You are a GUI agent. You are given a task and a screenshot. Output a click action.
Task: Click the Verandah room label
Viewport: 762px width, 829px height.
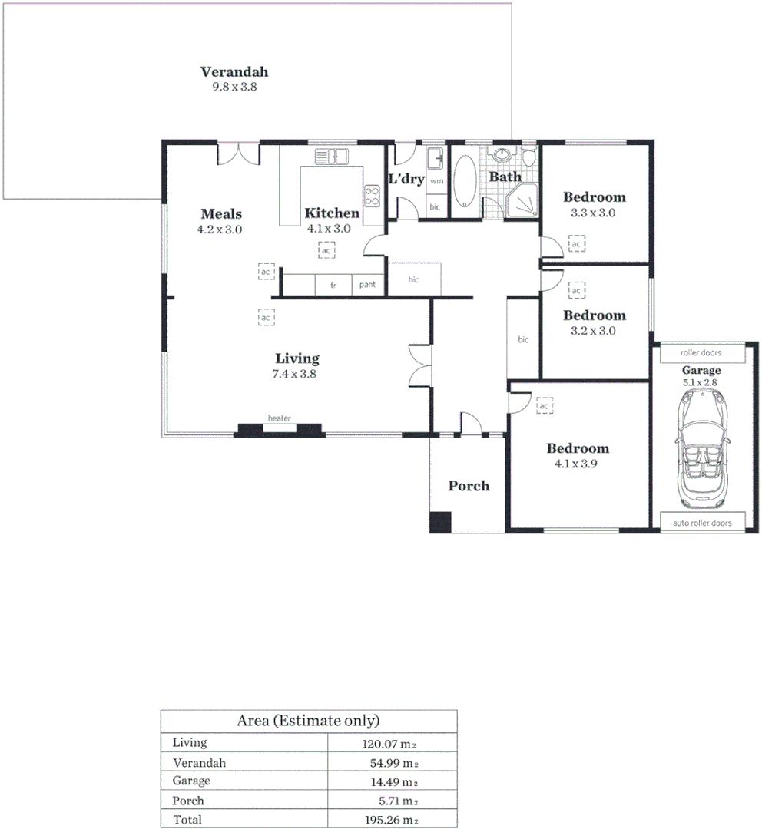tap(234, 72)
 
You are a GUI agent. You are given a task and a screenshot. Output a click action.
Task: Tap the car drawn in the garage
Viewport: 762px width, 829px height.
tap(702, 447)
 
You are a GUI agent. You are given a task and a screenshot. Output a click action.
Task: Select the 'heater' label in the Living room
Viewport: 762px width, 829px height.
tap(279, 418)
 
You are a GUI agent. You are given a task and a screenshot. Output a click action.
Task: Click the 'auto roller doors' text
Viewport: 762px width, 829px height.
tap(702, 523)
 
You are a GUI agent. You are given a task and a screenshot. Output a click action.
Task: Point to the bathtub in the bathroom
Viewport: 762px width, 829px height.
tap(465, 182)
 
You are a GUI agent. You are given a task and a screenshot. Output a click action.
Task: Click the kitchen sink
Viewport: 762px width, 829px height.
tap(332, 157)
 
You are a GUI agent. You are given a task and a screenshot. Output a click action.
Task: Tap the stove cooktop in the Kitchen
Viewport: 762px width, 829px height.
tap(373, 195)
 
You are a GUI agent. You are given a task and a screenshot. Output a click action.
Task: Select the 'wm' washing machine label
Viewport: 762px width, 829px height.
tap(436, 181)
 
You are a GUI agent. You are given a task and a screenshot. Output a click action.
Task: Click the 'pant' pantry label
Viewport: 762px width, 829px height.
tap(368, 285)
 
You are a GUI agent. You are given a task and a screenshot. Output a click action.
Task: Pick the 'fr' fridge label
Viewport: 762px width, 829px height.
tap(333, 285)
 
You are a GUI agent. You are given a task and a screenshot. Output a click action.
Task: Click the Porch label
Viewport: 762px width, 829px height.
tap(469, 486)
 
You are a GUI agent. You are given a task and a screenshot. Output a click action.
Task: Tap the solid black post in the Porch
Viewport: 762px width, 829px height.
tap(440, 522)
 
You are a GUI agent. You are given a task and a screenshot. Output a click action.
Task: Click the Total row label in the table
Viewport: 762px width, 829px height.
tap(187, 820)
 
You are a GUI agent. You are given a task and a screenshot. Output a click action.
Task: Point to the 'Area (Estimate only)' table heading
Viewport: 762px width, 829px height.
tap(308, 721)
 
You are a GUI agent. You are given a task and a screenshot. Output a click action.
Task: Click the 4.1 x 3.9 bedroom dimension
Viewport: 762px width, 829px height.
tap(577, 464)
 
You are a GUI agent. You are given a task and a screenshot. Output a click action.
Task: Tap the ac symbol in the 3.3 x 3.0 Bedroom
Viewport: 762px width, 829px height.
tap(576, 244)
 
